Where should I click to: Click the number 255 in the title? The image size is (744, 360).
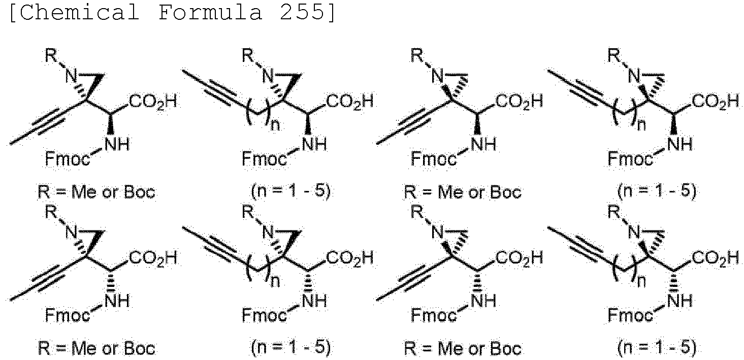tap(304, 13)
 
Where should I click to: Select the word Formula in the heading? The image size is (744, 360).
tap(210, 13)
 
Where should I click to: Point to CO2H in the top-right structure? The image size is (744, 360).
tap(716, 102)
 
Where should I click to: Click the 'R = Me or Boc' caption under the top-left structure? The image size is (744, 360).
tap(96, 192)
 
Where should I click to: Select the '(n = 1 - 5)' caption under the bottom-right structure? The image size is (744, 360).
tap(656, 348)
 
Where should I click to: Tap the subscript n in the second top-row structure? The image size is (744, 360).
tap(275, 125)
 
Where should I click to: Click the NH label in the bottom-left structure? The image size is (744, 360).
tap(118, 301)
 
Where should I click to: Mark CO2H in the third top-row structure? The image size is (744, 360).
tap(520, 102)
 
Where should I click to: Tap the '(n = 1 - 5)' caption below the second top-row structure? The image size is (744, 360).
tap(290, 192)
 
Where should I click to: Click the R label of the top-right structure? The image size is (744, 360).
tap(614, 55)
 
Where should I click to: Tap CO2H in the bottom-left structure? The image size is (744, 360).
tap(153, 258)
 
